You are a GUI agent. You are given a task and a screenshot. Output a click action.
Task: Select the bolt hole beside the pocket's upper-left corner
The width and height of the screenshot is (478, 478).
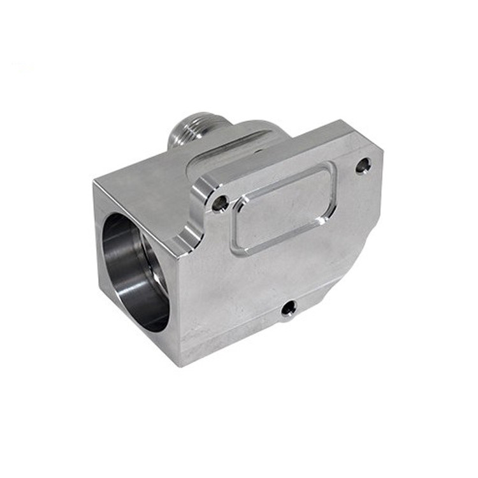(220, 203)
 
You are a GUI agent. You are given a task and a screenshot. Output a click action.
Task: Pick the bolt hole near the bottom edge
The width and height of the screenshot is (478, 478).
(289, 308)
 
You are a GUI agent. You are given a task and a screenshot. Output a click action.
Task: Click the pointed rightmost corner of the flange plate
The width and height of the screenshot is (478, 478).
(382, 151)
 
